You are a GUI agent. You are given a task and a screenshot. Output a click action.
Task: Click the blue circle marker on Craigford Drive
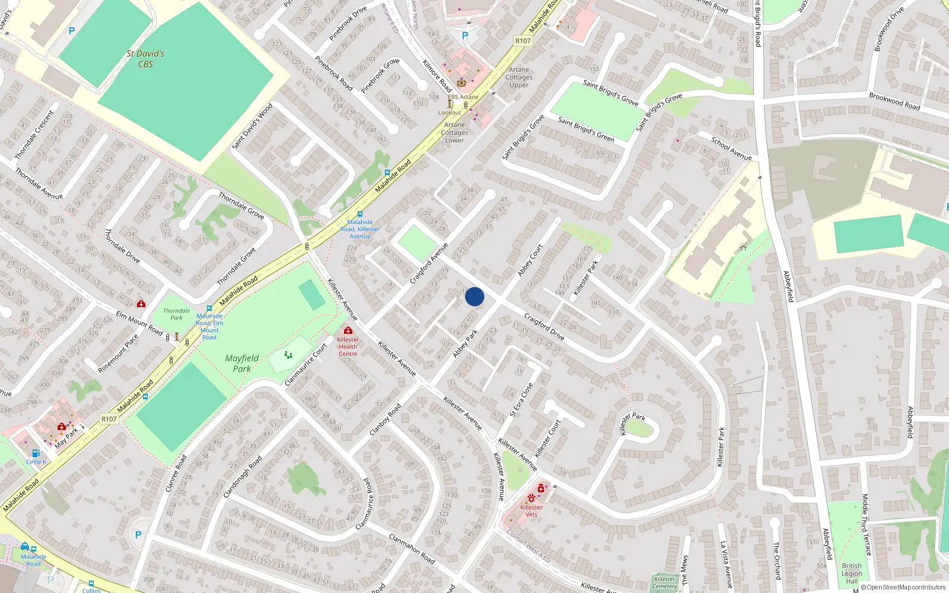(x=474, y=296)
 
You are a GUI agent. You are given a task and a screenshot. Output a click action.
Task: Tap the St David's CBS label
(x=145, y=59)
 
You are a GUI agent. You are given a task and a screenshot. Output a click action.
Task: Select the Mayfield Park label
(x=242, y=363)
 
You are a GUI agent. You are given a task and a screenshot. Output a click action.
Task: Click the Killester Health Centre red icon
(x=348, y=330)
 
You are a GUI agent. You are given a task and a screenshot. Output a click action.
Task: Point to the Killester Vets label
(x=531, y=511)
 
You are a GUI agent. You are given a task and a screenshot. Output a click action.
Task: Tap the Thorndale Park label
(x=177, y=314)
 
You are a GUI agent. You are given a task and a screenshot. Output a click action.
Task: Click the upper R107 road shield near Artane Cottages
(x=523, y=41)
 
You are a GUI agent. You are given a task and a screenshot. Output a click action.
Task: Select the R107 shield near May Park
(x=109, y=419)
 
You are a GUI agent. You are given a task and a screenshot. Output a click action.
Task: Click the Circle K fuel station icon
(x=36, y=454)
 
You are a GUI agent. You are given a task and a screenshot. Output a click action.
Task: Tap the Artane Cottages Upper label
(x=519, y=77)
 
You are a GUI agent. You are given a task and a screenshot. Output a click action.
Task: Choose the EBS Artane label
(x=463, y=97)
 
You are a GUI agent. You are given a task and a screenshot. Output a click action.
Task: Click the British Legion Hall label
(x=852, y=573)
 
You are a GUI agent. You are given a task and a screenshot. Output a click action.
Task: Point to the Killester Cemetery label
(x=665, y=582)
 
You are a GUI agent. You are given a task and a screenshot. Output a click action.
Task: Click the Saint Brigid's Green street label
(x=586, y=129)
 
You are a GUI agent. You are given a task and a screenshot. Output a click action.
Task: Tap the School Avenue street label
(x=731, y=148)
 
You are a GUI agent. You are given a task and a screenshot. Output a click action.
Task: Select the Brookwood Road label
(x=894, y=101)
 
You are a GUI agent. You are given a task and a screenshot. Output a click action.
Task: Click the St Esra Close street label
(x=522, y=399)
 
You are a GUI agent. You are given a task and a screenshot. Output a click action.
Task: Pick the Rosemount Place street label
(x=118, y=353)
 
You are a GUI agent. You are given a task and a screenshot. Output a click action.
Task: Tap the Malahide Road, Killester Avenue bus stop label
(x=360, y=229)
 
